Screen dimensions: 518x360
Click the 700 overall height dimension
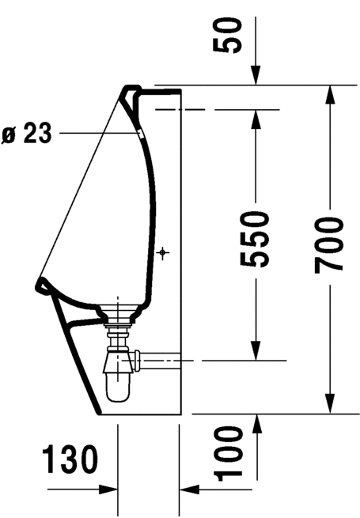point(328,244)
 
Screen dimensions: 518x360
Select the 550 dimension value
point(255,238)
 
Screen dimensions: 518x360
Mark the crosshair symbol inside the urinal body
point(164,252)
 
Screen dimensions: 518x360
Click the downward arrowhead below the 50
point(255,77)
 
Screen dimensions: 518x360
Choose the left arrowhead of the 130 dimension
point(111,490)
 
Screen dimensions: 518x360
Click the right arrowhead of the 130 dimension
point(186,490)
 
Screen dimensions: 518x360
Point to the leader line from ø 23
point(95,134)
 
